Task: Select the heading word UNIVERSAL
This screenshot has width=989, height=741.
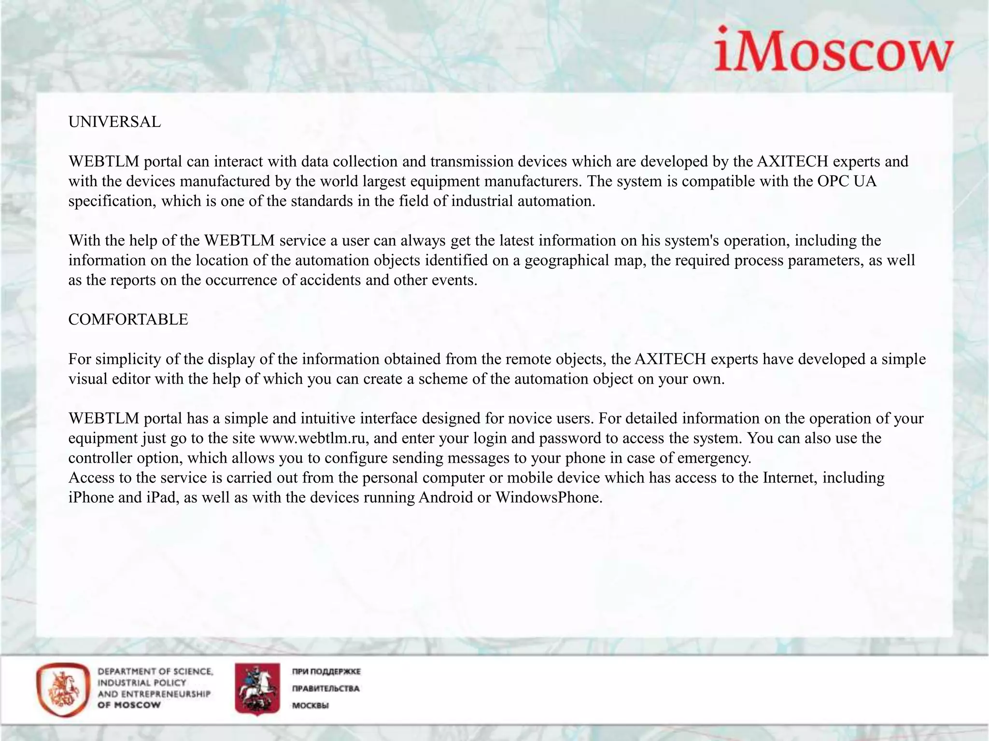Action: pos(114,122)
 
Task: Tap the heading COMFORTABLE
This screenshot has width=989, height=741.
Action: pos(128,319)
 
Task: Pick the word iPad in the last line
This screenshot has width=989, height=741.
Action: pos(160,497)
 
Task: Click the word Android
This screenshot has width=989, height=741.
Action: pos(446,497)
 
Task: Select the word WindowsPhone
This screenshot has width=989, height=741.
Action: pos(549,497)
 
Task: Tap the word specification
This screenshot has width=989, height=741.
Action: pos(112,201)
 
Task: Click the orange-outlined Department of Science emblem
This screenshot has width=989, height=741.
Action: pos(63,690)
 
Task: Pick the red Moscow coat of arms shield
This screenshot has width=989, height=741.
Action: pos(257,689)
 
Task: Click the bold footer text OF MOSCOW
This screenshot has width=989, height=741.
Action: pos(129,705)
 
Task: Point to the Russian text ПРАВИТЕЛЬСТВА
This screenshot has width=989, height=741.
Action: pos(325,688)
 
